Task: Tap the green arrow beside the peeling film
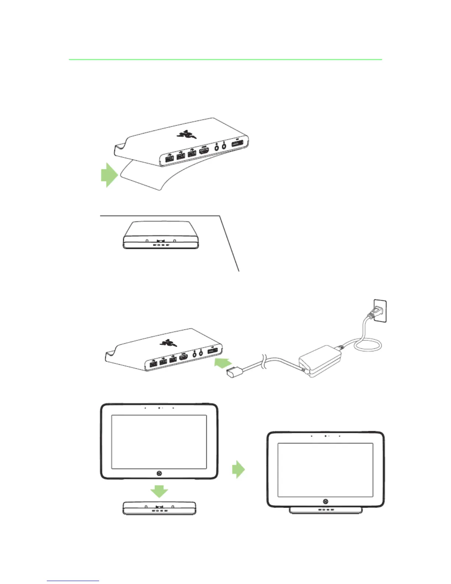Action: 109,175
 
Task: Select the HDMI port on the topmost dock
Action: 204,151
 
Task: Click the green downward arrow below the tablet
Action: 159,492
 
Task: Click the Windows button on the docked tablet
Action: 325,501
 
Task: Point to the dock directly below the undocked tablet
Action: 159,508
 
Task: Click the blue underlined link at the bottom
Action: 73,581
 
